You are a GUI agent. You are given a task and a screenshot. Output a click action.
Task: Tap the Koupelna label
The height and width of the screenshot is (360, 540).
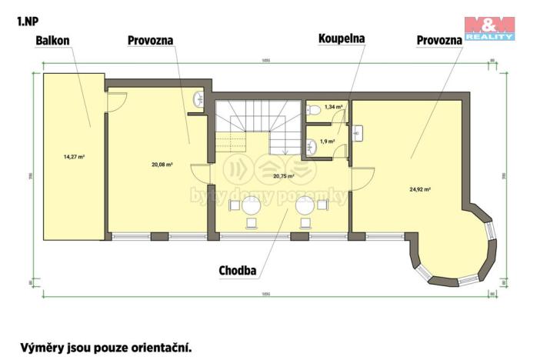click(x=342, y=37)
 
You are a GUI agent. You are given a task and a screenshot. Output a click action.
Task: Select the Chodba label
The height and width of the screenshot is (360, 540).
click(x=237, y=270)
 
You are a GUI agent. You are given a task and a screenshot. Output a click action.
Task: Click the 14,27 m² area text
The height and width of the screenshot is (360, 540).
click(x=74, y=157)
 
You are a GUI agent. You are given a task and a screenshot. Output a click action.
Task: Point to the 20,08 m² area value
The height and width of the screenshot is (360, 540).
click(x=162, y=164)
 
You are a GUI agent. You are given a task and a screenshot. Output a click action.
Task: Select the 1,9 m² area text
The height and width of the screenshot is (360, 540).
click(x=327, y=141)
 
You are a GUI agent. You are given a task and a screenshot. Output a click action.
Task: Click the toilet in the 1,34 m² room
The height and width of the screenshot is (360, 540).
click(x=312, y=110)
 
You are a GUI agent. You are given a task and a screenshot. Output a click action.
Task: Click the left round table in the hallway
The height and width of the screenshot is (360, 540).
click(x=251, y=205)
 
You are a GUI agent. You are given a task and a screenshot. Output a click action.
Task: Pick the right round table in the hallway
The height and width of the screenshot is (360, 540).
click(x=305, y=205)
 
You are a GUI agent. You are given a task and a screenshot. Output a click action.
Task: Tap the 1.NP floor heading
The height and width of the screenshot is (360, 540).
click(x=26, y=21)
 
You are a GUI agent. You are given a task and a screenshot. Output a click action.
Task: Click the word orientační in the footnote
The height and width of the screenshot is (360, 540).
click(x=158, y=348)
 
